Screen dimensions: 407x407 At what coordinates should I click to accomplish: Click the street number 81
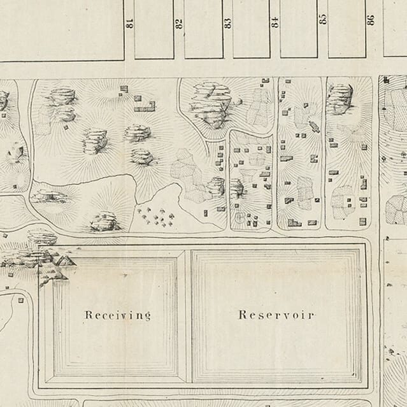(x=129, y=23)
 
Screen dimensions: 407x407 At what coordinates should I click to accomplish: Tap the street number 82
(x=179, y=23)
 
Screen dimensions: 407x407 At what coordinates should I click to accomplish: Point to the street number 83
(x=227, y=23)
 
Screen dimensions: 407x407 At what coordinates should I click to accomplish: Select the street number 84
(x=275, y=22)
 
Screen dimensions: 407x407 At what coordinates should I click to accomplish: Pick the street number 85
(x=322, y=18)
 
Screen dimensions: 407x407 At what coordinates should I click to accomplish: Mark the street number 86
(x=371, y=18)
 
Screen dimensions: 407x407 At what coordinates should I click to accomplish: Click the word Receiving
(x=118, y=315)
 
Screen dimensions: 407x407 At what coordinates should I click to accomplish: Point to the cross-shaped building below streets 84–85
(x=313, y=125)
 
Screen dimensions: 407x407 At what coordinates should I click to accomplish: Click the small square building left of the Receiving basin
(x=20, y=299)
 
